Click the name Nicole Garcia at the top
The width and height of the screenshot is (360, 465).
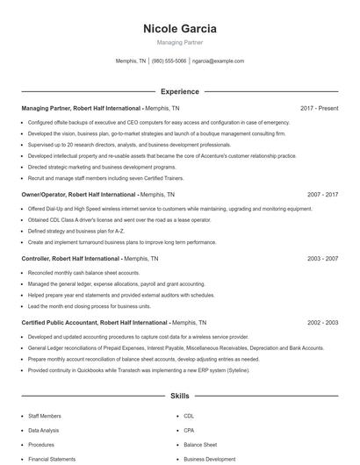point(179,28)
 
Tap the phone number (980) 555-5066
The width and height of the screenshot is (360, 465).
point(169,61)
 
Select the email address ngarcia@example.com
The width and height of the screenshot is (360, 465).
point(218,61)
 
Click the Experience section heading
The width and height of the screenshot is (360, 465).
point(179,91)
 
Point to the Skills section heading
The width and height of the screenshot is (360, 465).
point(179,397)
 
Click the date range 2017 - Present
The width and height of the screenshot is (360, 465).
point(319,108)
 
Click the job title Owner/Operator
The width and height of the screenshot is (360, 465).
point(44,194)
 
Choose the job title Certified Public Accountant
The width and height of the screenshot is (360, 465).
point(62,322)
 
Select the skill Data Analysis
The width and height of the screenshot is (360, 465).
point(44,431)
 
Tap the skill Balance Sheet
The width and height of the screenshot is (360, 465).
point(200,445)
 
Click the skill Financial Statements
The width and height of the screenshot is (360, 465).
point(52,459)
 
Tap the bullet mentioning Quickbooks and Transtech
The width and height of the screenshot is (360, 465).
point(139,370)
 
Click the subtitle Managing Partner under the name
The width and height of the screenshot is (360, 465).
point(179,42)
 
